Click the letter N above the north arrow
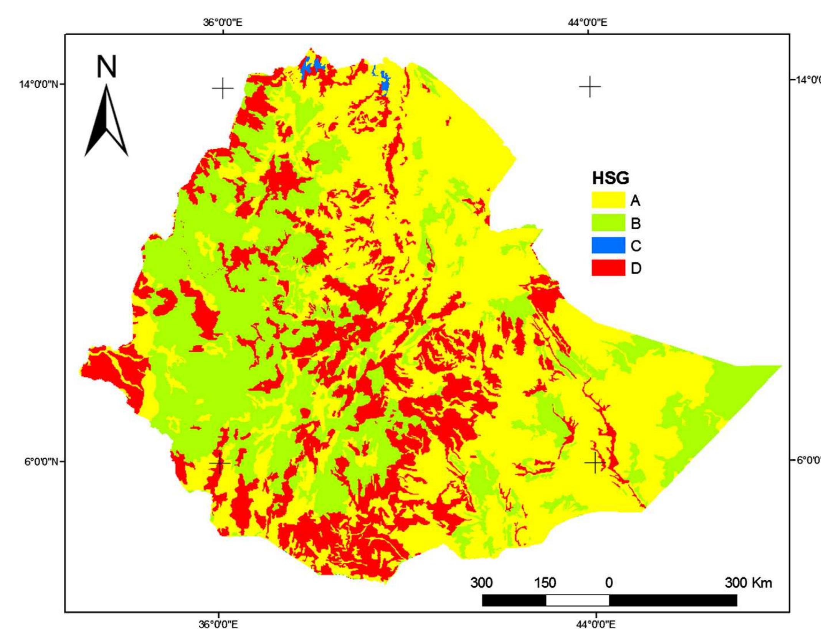coord(106,67)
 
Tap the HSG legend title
coord(610,178)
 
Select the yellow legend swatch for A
coord(608,200)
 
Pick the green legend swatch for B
coord(608,223)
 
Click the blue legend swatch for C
coord(608,245)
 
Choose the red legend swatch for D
coord(608,268)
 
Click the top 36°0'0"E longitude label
coord(223,22)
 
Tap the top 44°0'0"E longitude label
coord(588,22)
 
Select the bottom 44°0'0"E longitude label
coord(596,624)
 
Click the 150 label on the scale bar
coord(545,583)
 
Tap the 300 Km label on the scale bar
coord(748,583)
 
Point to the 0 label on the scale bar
coord(609,583)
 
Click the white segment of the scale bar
coord(577,600)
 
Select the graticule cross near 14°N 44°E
coord(590,87)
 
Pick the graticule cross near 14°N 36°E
coord(223,89)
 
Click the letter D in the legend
coord(636,268)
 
